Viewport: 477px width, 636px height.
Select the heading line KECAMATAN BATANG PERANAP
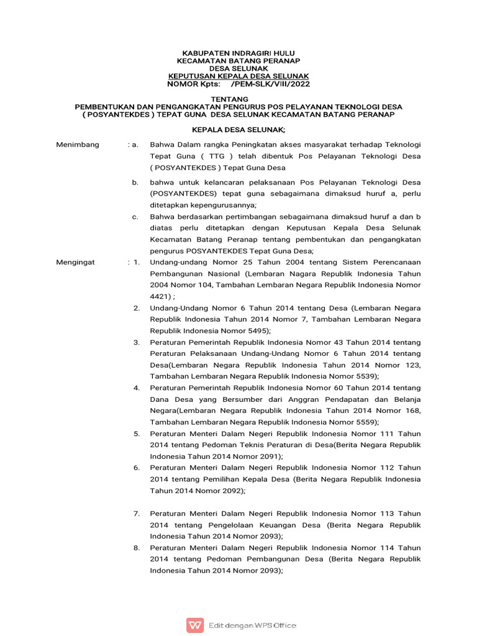pyautogui.click(x=238, y=61)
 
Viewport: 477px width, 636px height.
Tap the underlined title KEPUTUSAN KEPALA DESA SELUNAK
pyautogui.click(x=238, y=76)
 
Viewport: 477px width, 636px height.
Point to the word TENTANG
pyautogui.click(x=238, y=99)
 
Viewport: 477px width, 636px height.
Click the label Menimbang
pyautogui.click(x=78, y=145)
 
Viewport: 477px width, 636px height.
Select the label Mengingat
pyautogui.click(x=76, y=262)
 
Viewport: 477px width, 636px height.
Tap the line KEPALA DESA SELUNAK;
pyautogui.click(x=238, y=129)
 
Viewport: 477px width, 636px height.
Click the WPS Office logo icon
pyautogui.click(x=195, y=625)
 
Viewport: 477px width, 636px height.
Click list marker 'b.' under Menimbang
pyautogui.click(x=135, y=183)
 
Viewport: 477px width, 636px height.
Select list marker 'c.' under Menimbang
pyautogui.click(x=135, y=217)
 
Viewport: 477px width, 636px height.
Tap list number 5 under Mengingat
pyautogui.click(x=137, y=434)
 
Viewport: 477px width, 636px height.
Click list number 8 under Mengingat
pyautogui.click(x=137, y=548)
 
